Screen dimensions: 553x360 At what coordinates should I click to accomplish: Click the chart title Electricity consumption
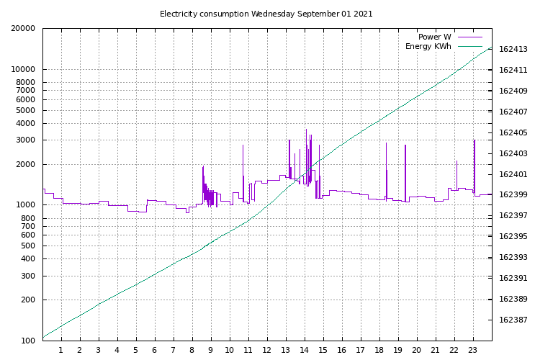(x=204, y=14)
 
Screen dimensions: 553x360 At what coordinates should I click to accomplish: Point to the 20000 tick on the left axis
(x=23, y=28)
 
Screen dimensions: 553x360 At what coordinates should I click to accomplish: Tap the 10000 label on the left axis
(x=23, y=69)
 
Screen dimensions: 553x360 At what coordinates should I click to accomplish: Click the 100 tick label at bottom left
(x=28, y=341)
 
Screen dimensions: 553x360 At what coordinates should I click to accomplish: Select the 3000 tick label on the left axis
(x=26, y=140)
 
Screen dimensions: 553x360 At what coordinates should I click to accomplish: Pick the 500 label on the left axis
(x=28, y=246)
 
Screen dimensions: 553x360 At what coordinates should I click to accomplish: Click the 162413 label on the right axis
(x=513, y=49)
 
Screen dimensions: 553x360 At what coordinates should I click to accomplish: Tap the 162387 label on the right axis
(x=513, y=320)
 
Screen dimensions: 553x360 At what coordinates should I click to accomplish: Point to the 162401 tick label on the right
(x=513, y=174)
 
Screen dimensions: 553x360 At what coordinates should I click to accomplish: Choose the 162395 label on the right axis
(x=513, y=236)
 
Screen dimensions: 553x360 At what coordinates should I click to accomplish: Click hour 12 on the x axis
(x=267, y=350)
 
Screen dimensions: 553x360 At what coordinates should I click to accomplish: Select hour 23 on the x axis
(x=472, y=350)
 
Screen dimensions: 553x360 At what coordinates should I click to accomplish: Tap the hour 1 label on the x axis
(x=61, y=350)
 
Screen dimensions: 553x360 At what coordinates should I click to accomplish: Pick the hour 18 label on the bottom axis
(x=379, y=350)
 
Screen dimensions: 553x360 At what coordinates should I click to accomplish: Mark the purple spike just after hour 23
(x=475, y=166)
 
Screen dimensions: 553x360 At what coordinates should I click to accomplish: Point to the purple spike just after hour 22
(x=457, y=175)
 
